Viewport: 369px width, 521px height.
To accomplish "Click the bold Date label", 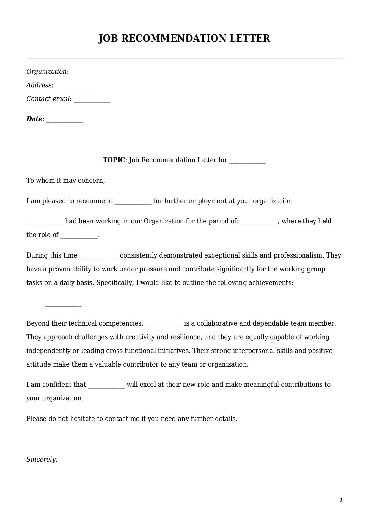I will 34,119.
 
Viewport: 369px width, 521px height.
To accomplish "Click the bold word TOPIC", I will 114,160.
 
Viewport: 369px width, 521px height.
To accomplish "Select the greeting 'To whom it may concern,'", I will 66,181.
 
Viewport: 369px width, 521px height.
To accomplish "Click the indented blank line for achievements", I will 63,306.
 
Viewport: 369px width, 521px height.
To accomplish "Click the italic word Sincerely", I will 41,460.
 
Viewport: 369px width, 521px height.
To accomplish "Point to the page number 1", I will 341,500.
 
